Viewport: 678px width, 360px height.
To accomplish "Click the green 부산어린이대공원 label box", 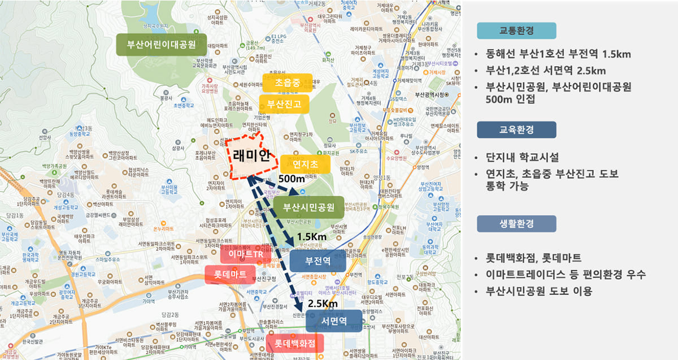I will point(161,45).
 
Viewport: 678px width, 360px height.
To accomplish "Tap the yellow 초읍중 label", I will point(287,83).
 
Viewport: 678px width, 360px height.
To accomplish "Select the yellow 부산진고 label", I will point(285,104).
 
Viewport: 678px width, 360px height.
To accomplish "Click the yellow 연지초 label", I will point(305,164).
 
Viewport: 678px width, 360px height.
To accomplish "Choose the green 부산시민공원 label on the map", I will point(308,207).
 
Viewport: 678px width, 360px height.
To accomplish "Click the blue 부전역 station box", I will point(317,261).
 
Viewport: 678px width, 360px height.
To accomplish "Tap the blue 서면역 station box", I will point(333,321).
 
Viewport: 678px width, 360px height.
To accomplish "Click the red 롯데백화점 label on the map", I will point(292,343).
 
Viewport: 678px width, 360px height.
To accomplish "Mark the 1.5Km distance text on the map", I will point(311,236).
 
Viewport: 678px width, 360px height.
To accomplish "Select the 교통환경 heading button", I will point(516,31).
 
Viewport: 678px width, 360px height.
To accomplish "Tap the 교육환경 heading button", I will point(516,130).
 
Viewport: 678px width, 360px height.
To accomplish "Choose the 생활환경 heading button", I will point(516,224).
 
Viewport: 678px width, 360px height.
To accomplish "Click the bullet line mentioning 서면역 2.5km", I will point(546,71).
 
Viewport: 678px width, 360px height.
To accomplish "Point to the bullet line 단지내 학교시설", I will point(523,157).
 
